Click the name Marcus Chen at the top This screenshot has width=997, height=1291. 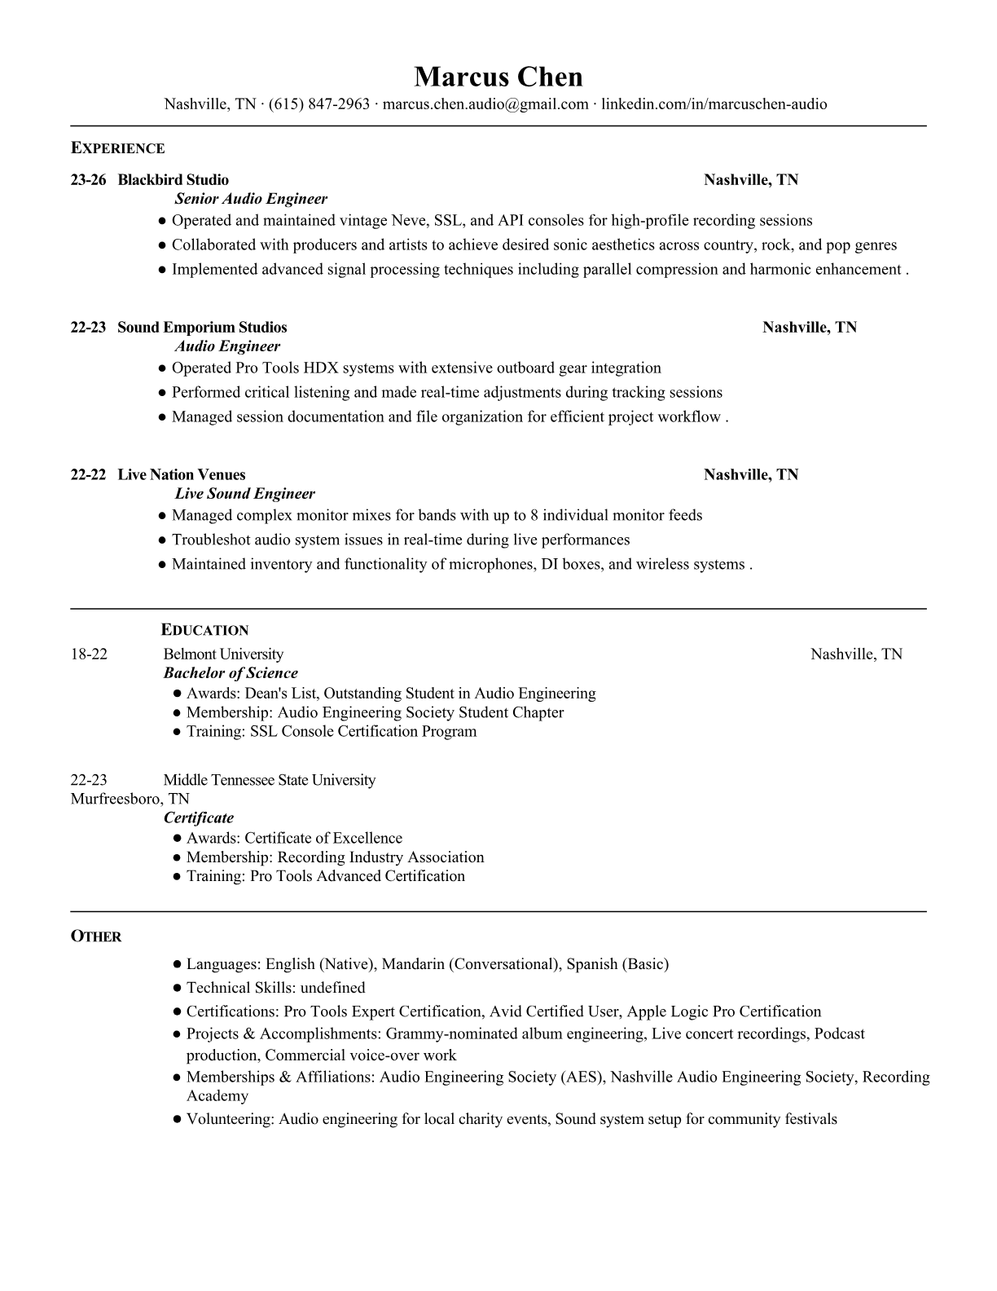pyautogui.click(x=498, y=77)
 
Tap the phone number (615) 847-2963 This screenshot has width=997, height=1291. pyautogui.click(x=319, y=104)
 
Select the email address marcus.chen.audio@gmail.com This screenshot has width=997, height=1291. pyautogui.click(x=485, y=104)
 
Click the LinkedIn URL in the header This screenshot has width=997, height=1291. pyautogui.click(x=714, y=104)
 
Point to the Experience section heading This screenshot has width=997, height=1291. pyautogui.click(x=118, y=148)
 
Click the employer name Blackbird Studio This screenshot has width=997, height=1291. pyautogui.click(x=173, y=180)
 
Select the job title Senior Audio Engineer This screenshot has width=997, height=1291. pyautogui.click(x=251, y=199)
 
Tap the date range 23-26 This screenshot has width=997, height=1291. pyautogui.click(x=88, y=180)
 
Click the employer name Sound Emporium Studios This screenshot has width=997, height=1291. pyautogui.click(x=202, y=328)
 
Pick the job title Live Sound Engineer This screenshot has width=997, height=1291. pyautogui.click(x=244, y=494)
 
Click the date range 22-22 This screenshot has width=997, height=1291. pyautogui.click(x=88, y=475)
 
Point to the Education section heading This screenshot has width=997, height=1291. pyautogui.click(x=204, y=630)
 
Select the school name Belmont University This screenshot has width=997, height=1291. pyautogui.click(x=223, y=654)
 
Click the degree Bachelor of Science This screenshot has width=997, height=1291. pyautogui.click(x=231, y=673)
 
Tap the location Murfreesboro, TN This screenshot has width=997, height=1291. pyautogui.click(x=130, y=799)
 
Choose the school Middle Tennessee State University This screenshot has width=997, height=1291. pyautogui.click(x=270, y=780)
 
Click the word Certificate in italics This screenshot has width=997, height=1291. pyautogui.click(x=199, y=818)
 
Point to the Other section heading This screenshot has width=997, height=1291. pyautogui.click(x=96, y=936)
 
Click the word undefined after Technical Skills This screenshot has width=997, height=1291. pyautogui.click(x=332, y=988)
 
